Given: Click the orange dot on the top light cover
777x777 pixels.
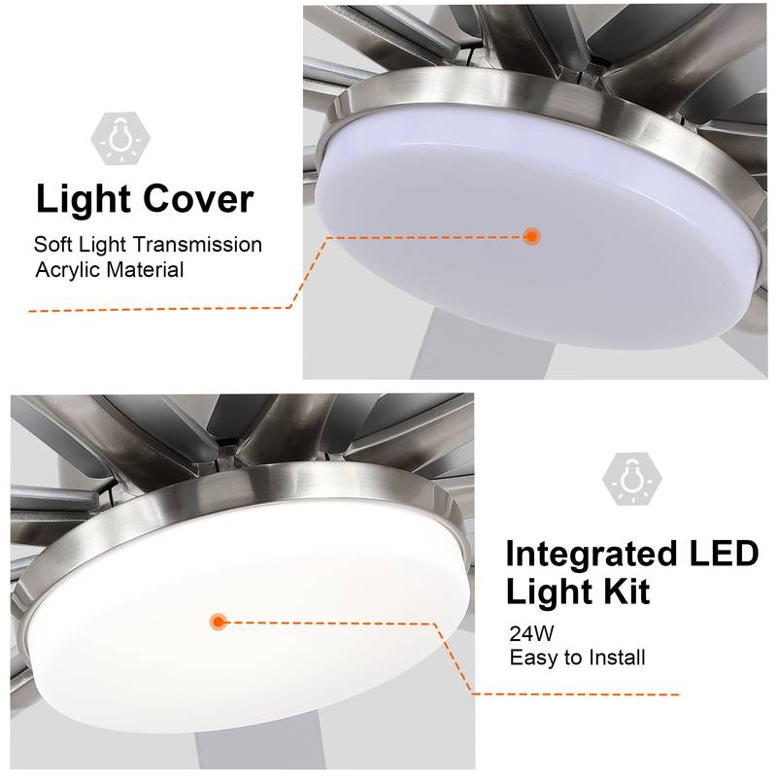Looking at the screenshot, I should (531, 236).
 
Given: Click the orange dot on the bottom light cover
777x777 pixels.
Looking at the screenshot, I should (218, 622).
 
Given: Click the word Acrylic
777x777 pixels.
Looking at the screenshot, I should (69, 270).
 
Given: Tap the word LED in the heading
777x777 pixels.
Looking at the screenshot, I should (720, 555).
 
